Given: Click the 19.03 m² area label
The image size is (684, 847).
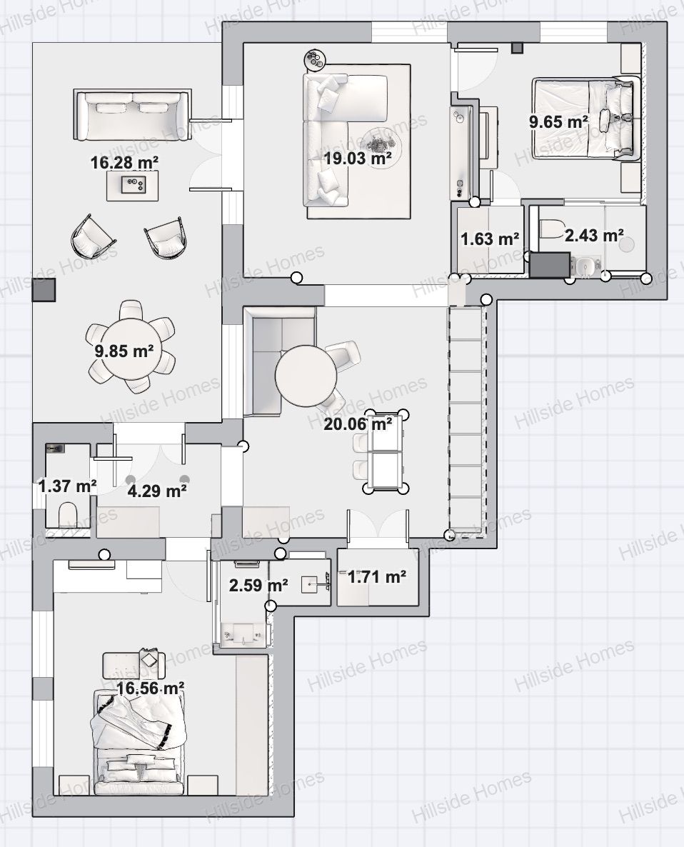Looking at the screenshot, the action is point(358,159).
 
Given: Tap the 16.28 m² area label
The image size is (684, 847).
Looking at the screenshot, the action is point(124,162).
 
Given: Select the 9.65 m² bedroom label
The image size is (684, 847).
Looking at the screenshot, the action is point(558,121).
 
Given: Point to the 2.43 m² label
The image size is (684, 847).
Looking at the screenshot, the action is point(594,235).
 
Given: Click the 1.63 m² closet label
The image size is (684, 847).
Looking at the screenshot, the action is point(490,239).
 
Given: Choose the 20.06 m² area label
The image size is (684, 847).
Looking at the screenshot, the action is point(358,424).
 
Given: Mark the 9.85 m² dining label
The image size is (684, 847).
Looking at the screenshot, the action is point(124,351).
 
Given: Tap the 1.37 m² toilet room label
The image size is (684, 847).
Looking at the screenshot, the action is point(68,486).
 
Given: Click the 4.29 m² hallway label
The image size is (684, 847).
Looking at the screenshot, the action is point(157,491).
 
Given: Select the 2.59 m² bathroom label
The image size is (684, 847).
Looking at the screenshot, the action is point(258,585).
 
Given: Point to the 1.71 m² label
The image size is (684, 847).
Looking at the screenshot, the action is point(377,577).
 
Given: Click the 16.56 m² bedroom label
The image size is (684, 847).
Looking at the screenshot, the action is point(151,688).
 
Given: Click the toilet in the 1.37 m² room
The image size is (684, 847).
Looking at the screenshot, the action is point(68,513).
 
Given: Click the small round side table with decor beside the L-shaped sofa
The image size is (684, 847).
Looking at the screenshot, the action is point(314,59).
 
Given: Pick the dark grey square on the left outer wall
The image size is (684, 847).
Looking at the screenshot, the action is point(44,290).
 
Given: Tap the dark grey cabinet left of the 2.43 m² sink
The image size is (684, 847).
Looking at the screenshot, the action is point(550,265).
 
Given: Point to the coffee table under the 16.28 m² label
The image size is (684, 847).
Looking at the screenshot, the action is point(132,185).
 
